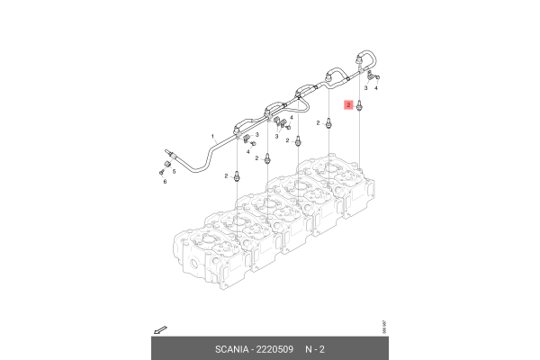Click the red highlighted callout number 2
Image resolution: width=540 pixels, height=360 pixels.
click(347, 106)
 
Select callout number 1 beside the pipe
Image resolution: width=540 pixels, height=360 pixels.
click(212, 136)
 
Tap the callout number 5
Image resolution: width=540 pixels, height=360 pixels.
click(173, 171)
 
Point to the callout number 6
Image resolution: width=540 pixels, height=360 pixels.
click(165, 182)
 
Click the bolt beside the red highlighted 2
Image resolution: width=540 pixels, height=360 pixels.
click(360, 107)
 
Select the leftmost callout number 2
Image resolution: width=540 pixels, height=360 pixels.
click(226, 175)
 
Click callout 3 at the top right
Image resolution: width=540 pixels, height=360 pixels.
click(366, 89)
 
